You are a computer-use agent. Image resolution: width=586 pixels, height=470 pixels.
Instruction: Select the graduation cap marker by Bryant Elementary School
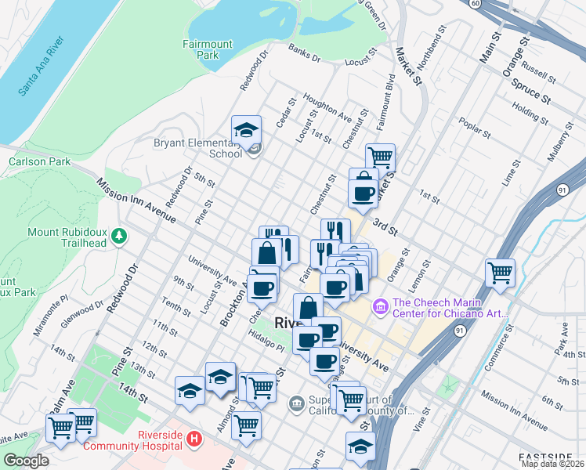tap(246, 130)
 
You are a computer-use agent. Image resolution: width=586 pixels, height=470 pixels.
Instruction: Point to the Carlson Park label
tap(34, 161)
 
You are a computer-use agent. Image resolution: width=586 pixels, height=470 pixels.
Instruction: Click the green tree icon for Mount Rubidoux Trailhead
tap(118, 235)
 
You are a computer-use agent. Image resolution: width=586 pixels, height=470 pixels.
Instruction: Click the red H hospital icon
tap(193, 442)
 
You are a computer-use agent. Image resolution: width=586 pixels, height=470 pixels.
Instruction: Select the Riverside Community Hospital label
tap(138, 442)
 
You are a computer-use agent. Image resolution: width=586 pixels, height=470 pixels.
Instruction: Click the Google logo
tap(26, 461)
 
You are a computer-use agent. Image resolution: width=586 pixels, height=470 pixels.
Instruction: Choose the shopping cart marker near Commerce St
tap(500, 273)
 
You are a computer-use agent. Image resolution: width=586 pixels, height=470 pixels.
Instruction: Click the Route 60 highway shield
tap(476, 3)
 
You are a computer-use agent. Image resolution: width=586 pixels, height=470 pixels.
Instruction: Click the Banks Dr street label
tap(304, 53)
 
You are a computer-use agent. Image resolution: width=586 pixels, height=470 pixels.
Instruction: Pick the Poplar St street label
tap(476, 129)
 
